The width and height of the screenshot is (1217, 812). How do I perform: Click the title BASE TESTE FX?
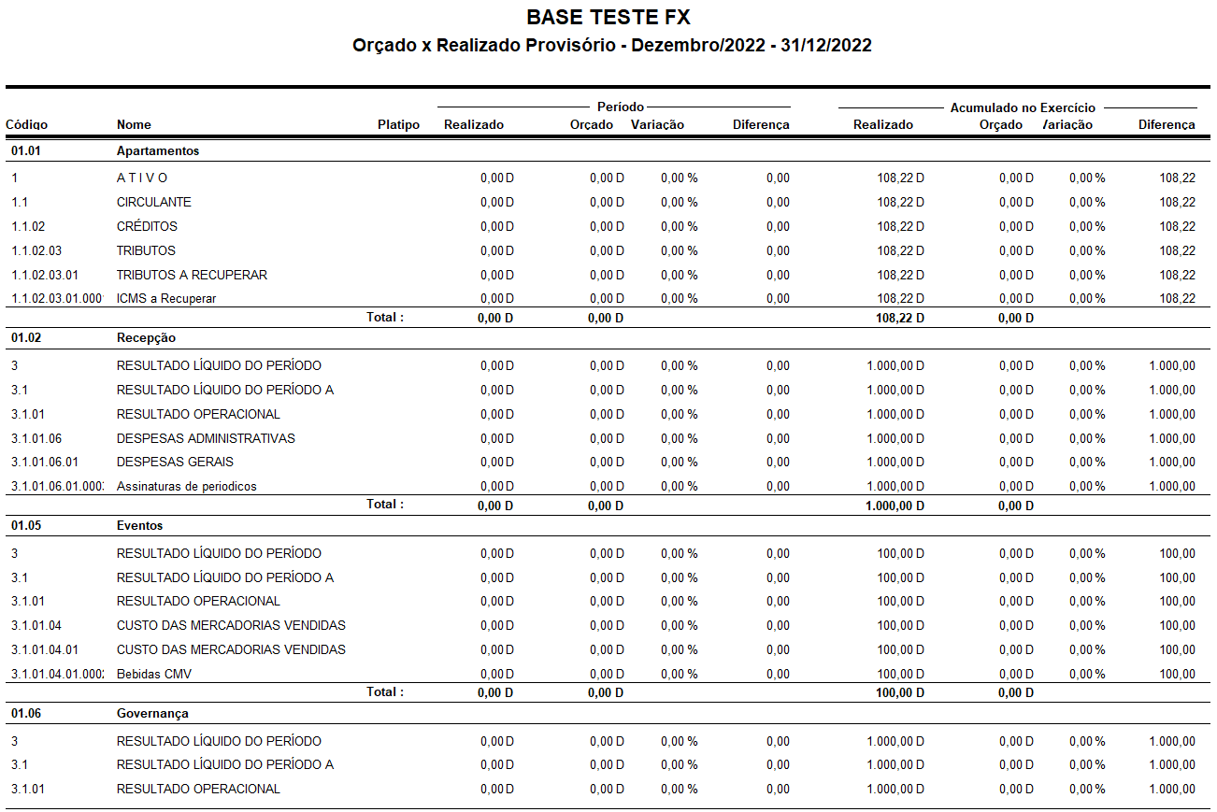pos(608,17)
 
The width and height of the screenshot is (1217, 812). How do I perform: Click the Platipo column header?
pos(398,124)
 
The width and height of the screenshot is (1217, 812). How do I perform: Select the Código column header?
pos(26,124)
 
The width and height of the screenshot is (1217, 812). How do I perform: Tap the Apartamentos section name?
pos(157,150)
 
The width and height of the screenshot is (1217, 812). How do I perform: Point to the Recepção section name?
pos(146,337)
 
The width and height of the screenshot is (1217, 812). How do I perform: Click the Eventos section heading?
pos(139,525)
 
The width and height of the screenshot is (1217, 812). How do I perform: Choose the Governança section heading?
pos(152,713)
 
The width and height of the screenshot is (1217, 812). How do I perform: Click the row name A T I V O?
pos(142,178)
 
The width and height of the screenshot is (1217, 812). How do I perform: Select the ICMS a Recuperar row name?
pos(166,299)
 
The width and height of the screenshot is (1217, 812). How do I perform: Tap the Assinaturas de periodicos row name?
pos(186,486)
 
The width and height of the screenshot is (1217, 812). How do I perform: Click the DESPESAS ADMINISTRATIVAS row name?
pos(206,438)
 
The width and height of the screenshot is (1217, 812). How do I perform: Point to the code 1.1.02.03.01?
pos(45,275)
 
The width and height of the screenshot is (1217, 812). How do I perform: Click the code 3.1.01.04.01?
pos(45,649)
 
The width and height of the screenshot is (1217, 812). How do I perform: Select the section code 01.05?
pos(26,525)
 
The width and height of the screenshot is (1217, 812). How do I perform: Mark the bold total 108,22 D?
pos(900,318)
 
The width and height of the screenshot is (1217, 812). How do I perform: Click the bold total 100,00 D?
pos(900,692)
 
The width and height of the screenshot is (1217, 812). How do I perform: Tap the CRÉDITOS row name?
pos(147,226)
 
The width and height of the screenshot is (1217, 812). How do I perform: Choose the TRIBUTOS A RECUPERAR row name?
pos(192,275)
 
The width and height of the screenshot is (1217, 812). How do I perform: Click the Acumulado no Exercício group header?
pos(1023,107)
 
